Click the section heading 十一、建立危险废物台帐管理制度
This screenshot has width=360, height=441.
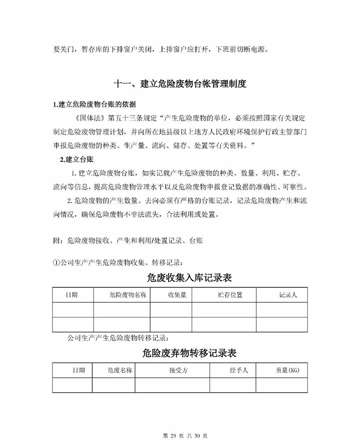180,84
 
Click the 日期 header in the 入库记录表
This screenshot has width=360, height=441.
71,295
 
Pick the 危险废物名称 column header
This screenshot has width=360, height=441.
121,295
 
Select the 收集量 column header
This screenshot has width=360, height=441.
176,295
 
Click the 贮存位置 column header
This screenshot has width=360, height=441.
230,295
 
